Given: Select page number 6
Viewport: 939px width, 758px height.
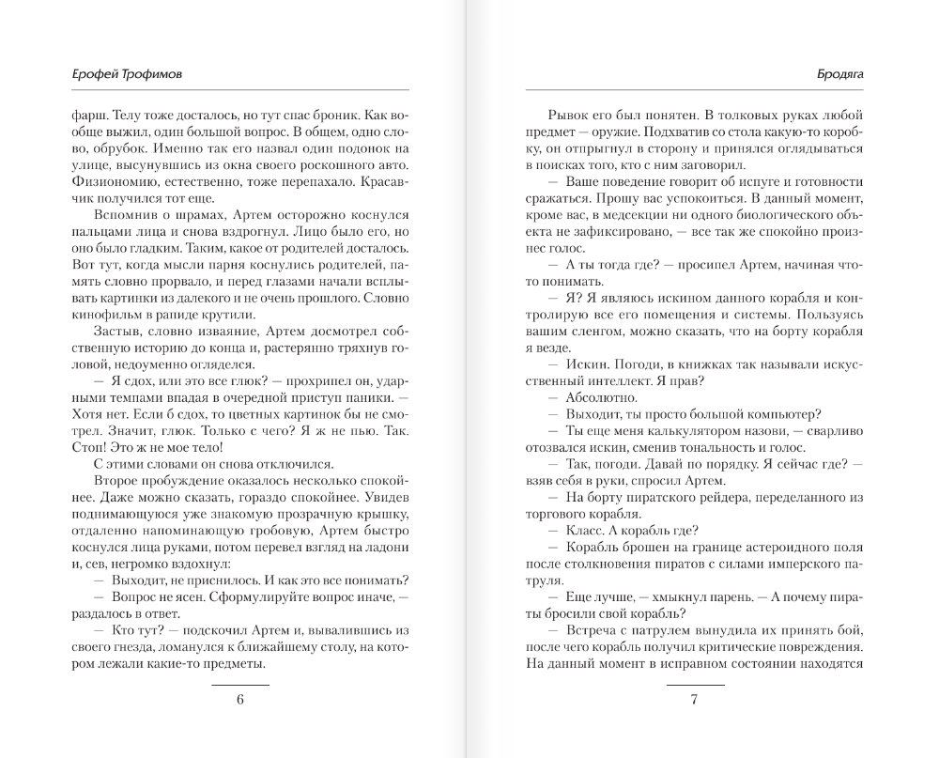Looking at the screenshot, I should (x=239, y=700).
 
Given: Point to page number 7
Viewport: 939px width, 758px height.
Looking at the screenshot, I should (x=694, y=700).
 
